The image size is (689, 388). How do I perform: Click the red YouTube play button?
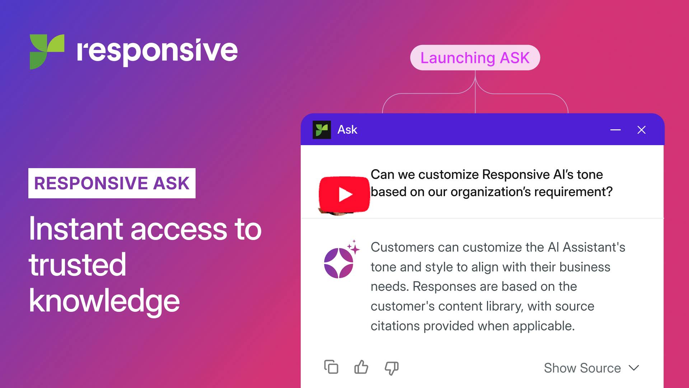point(344,194)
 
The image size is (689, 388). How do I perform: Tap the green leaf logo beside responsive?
point(47,51)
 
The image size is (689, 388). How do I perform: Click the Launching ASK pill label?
point(475,58)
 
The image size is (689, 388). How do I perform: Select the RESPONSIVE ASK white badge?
point(112,183)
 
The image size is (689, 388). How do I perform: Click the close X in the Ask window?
point(641,130)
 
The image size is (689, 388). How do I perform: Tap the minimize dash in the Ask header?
point(615,130)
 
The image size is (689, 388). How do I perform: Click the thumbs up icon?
point(361,368)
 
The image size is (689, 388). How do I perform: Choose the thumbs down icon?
point(392,368)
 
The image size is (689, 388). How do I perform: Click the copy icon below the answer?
point(331,367)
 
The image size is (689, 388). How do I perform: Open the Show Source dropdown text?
point(582,368)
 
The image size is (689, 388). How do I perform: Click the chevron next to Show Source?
point(634,368)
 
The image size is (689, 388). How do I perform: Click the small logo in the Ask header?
point(322,130)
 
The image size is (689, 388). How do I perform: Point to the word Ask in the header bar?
point(347,130)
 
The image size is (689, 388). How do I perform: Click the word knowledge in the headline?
point(104,301)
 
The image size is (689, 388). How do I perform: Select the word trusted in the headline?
point(78,265)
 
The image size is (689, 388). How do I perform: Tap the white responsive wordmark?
point(157,51)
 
